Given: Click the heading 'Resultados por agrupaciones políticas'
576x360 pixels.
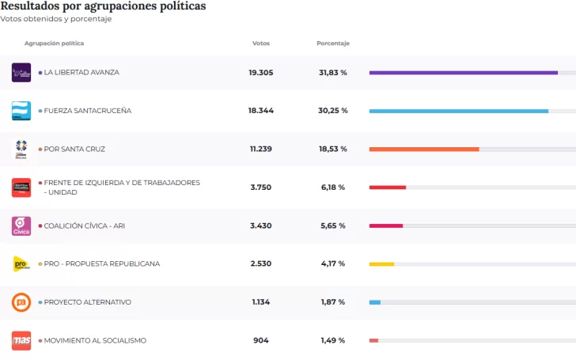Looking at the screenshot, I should click(x=103, y=6).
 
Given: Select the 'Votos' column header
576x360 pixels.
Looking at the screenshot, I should click(x=260, y=44).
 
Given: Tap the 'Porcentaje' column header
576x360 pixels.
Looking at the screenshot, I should click(x=332, y=44).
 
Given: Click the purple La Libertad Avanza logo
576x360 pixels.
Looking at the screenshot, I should click(x=21, y=73).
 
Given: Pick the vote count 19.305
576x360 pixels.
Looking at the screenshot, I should click(x=260, y=73).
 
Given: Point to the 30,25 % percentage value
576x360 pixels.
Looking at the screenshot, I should click(x=332, y=111).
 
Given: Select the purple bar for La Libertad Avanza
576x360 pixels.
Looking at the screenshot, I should click(x=463, y=73).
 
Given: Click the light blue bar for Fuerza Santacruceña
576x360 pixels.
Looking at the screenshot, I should click(x=458, y=111).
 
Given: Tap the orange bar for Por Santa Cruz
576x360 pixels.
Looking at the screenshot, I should click(x=424, y=149).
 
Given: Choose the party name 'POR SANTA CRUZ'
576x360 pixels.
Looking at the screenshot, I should click(x=74, y=149).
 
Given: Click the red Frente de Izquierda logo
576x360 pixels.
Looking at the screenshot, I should click(x=21, y=188).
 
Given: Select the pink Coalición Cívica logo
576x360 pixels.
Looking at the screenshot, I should click(x=21, y=225).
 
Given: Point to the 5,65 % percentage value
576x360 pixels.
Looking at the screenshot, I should click(x=332, y=225).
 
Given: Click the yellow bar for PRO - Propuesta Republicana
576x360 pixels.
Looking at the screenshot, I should click(x=381, y=264).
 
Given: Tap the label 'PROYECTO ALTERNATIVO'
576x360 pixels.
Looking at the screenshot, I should click(x=87, y=302).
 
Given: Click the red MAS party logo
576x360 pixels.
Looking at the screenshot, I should click(x=21, y=340).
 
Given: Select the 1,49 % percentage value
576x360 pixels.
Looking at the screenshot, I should click(x=332, y=340).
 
